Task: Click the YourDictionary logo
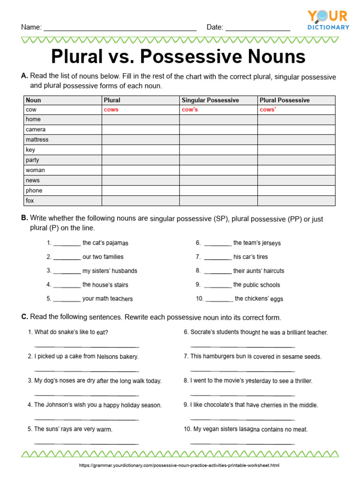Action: pos(328,20)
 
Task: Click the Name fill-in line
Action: pos(120,29)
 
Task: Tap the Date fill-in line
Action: pos(258,29)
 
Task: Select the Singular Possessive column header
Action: pos(210,100)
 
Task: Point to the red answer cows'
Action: pos(268,110)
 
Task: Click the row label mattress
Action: pos(37,140)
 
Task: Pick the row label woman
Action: pos(35,170)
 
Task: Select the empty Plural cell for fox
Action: pos(141,201)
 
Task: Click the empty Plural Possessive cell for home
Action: pos(296,120)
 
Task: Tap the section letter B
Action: pos(24,218)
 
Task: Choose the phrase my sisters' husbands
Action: pos(110,271)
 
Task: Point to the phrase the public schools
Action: pos(256,285)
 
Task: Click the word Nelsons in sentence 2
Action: pos(107,357)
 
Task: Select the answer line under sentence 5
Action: pos(87,443)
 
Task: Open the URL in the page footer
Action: pos(180,465)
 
